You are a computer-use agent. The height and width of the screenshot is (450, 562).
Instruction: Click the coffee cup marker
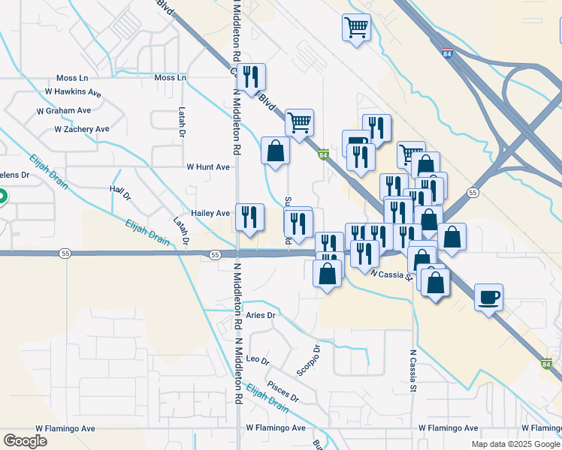488,298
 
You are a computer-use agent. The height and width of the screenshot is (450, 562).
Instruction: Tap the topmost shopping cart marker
356,28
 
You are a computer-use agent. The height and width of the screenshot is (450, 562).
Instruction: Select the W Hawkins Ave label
73,92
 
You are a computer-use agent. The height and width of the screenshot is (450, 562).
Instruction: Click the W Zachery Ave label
82,129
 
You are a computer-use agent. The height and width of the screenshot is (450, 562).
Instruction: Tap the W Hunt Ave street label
208,167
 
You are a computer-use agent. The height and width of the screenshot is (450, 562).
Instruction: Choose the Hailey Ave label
210,214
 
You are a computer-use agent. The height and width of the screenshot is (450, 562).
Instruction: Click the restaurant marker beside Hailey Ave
250,217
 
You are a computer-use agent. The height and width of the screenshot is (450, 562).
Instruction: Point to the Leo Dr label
258,360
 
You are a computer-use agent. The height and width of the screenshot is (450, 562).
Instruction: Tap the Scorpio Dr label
308,361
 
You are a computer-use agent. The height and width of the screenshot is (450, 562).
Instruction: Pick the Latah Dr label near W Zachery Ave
182,121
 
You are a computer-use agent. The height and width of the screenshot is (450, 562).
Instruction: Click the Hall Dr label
120,193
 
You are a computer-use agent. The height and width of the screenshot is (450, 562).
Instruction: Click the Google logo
25,441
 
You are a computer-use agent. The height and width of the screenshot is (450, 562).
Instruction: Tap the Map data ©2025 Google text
515,444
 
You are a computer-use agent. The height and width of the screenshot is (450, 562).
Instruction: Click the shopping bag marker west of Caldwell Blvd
276,150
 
